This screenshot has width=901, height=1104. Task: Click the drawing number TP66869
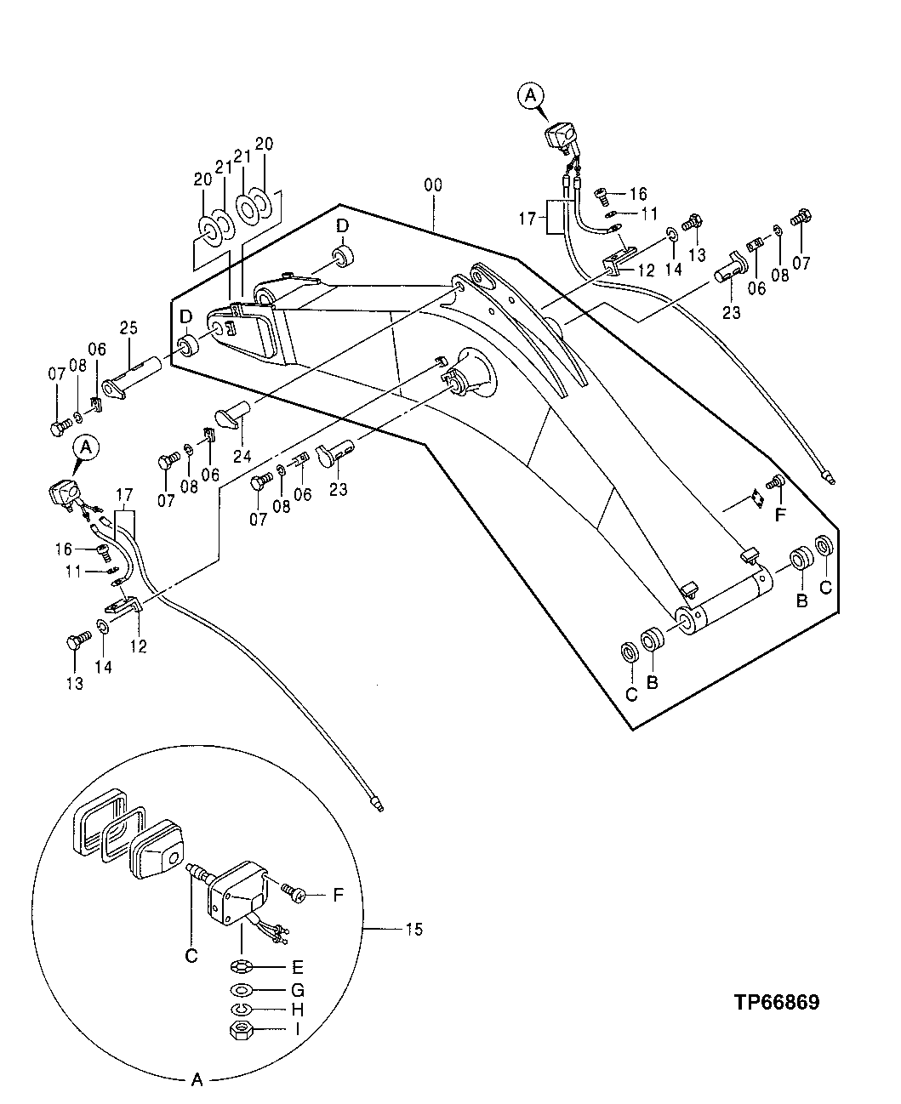point(777,1003)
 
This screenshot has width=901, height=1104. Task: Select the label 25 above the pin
point(128,327)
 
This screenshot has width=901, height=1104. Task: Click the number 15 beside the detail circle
point(413,929)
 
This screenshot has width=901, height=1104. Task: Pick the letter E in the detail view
point(297,967)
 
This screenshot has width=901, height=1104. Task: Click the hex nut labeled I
point(240,1030)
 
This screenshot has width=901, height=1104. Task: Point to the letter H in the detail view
point(297,1010)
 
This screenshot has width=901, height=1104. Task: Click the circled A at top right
point(530,97)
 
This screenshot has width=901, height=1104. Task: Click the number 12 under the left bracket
point(139,647)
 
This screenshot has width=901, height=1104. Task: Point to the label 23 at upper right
point(732,312)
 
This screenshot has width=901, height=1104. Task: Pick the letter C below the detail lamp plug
point(191,956)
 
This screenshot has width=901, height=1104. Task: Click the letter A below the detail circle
point(197,1080)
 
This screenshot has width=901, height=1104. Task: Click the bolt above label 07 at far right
point(800,219)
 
